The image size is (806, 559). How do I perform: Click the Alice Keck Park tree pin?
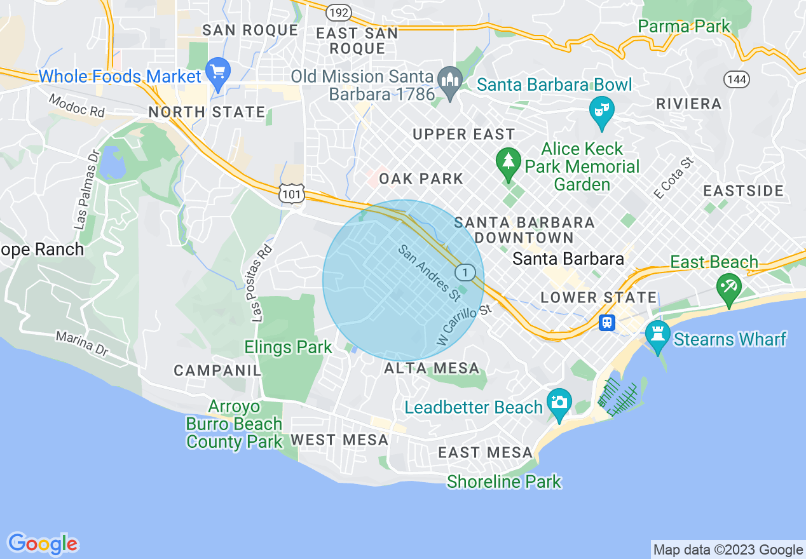click(x=508, y=163)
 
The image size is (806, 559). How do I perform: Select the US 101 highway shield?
click(x=292, y=194)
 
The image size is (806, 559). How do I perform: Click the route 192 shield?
click(x=338, y=12)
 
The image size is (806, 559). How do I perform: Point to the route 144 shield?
click(x=736, y=79)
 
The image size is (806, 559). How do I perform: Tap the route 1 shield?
click(x=465, y=273)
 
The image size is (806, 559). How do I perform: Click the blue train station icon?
click(x=607, y=323)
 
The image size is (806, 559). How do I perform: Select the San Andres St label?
click(x=429, y=273)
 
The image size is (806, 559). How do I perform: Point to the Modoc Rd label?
click(x=77, y=105)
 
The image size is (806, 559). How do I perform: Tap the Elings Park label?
click(x=289, y=347)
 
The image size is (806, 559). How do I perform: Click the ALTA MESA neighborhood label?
click(x=432, y=368)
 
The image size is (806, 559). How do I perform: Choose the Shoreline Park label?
click(x=504, y=482)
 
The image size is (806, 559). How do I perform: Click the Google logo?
click(x=43, y=544)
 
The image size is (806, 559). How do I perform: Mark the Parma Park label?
click(x=684, y=27)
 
